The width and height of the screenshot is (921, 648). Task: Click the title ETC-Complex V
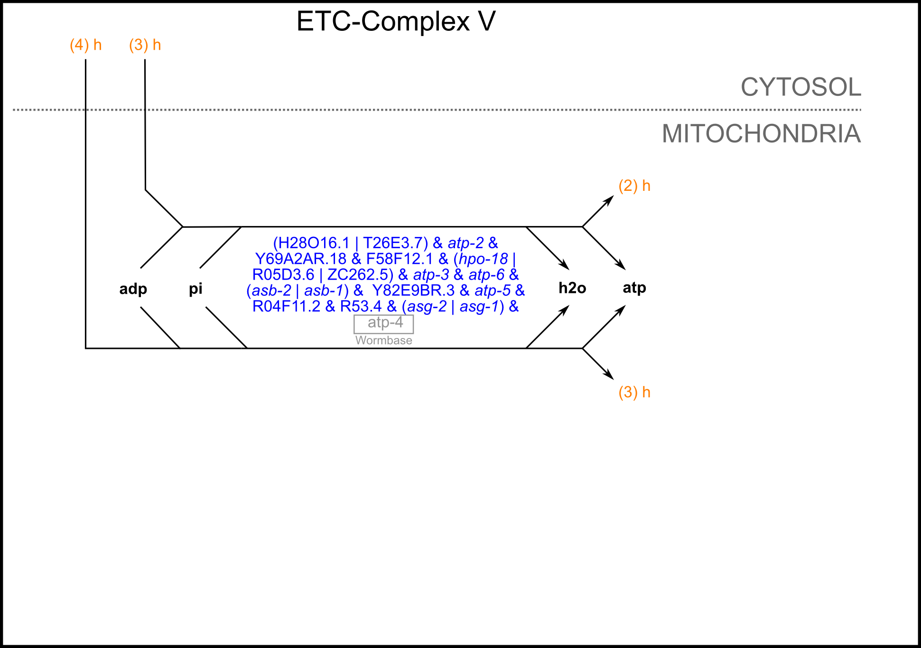[x=396, y=22]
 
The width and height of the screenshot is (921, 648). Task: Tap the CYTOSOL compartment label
[x=800, y=87]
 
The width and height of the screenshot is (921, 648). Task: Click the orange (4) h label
[x=85, y=45]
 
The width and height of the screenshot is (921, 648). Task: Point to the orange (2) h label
[x=634, y=186]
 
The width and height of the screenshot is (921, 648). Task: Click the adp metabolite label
[x=133, y=289]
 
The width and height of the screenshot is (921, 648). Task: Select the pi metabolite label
[x=195, y=288]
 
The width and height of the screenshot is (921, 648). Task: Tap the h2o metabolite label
[x=572, y=288]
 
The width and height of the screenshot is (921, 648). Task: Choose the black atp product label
[x=634, y=288]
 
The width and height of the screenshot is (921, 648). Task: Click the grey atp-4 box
[x=384, y=323]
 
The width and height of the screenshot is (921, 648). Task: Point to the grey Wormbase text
[x=383, y=340]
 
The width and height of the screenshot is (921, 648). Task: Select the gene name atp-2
[x=465, y=243]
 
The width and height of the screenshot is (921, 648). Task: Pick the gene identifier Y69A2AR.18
[x=301, y=259]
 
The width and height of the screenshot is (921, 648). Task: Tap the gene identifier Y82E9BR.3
[x=413, y=290]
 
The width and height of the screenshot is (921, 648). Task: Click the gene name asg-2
[x=427, y=306]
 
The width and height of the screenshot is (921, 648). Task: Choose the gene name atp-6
[x=486, y=274]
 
